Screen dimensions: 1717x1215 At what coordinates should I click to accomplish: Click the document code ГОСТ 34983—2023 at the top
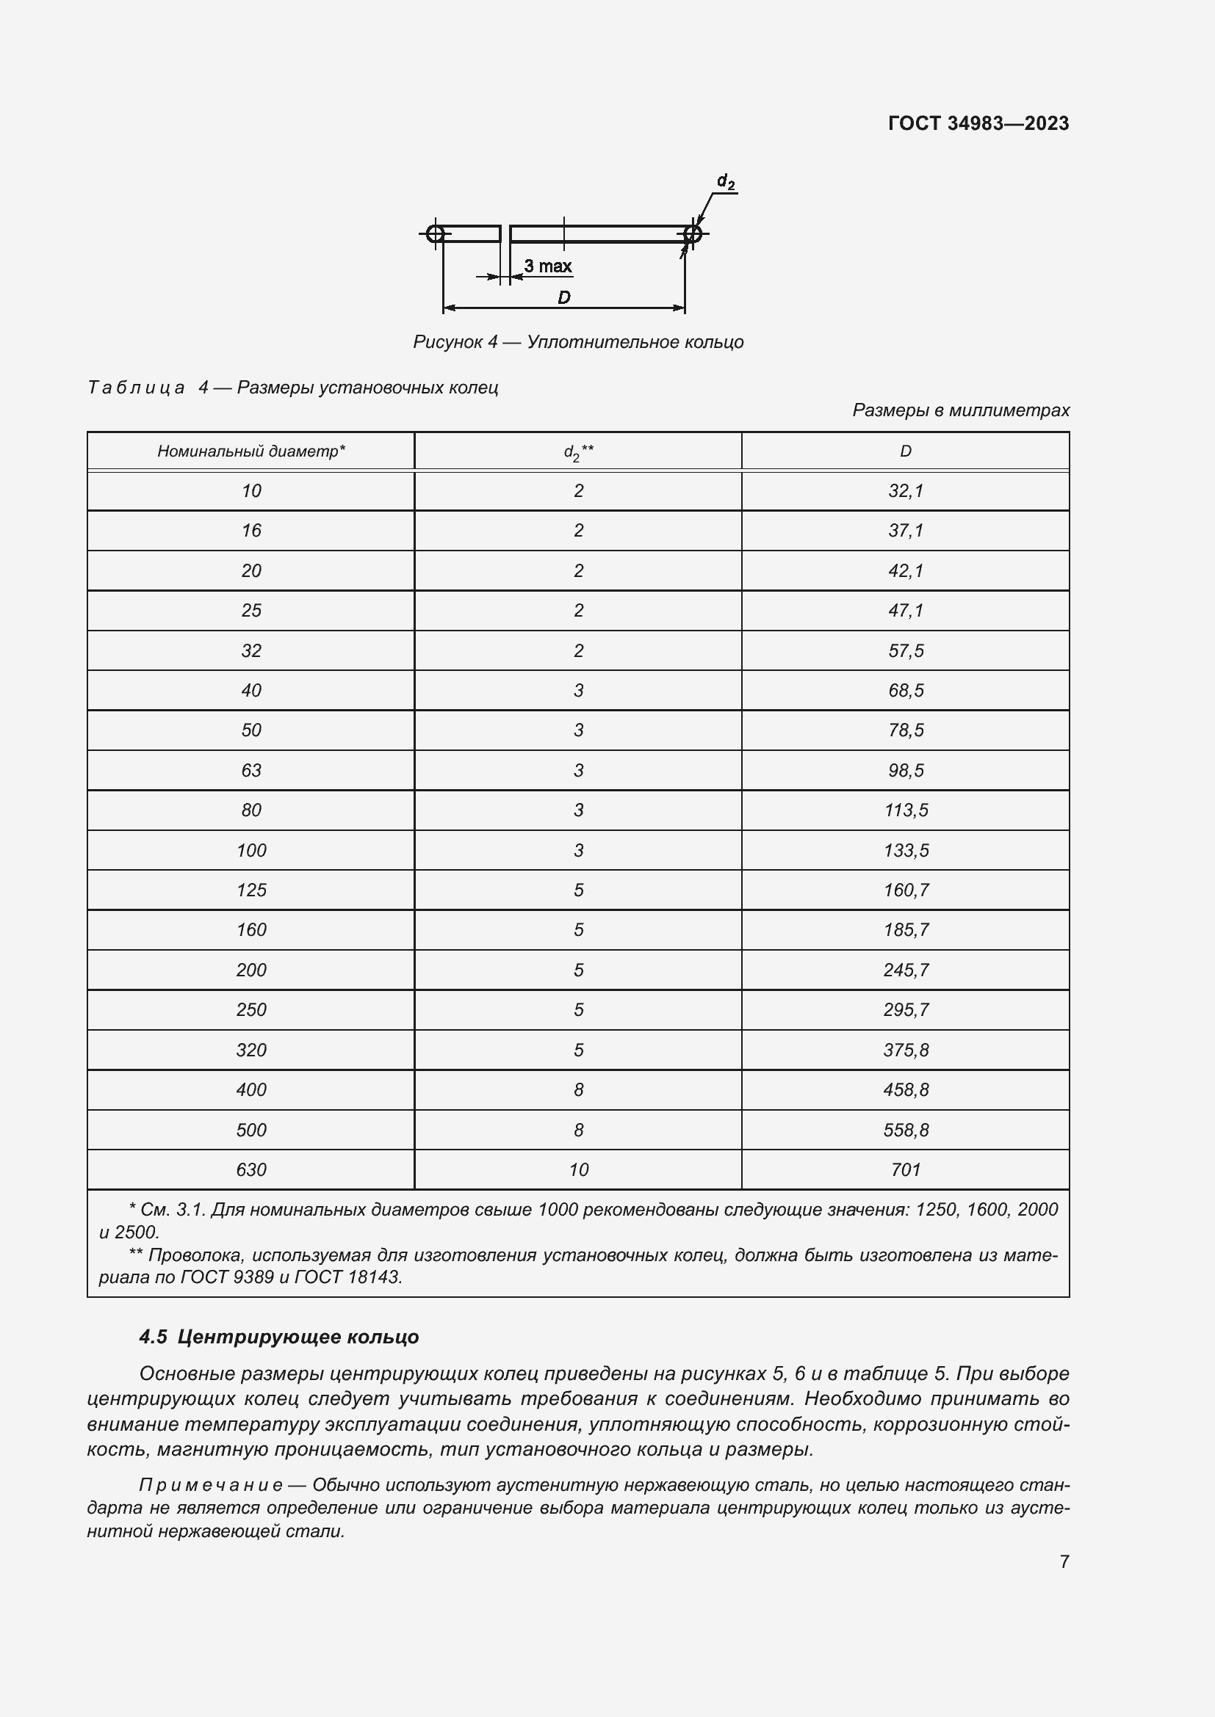tap(978, 123)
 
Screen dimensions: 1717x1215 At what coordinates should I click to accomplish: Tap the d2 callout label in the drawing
tap(725, 182)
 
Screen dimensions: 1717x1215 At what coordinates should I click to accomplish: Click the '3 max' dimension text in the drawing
tap(548, 266)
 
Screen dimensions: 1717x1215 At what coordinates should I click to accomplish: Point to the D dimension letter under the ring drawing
tap(563, 297)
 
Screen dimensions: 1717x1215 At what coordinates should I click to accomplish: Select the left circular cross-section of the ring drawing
tap(436, 234)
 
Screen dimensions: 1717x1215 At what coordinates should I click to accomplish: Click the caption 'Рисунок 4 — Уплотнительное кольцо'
tap(577, 342)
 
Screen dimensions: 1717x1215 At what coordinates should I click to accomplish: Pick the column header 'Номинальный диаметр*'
tap(250, 451)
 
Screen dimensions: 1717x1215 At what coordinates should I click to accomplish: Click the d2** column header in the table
tap(577, 451)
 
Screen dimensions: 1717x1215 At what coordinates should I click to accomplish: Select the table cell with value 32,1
tap(905, 490)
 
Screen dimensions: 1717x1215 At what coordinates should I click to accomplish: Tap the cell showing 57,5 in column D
tap(905, 650)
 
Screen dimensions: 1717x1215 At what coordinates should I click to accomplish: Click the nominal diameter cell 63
tap(250, 770)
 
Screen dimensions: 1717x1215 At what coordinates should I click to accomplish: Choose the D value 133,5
tap(905, 850)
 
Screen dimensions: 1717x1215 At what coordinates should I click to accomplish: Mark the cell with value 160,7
tap(905, 890)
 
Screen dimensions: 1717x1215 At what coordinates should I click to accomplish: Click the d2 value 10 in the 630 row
tap(577, 1169)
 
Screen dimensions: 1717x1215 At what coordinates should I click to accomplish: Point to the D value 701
tap(905, 1169)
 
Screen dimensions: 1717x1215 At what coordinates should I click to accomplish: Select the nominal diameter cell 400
tap(250, 1089)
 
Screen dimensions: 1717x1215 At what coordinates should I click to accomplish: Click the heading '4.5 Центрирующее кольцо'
tap(278, 1336)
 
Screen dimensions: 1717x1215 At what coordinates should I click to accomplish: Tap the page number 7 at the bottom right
tap(1064, 1561)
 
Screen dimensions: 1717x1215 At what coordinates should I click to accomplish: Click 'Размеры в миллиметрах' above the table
tap(961, 410)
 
